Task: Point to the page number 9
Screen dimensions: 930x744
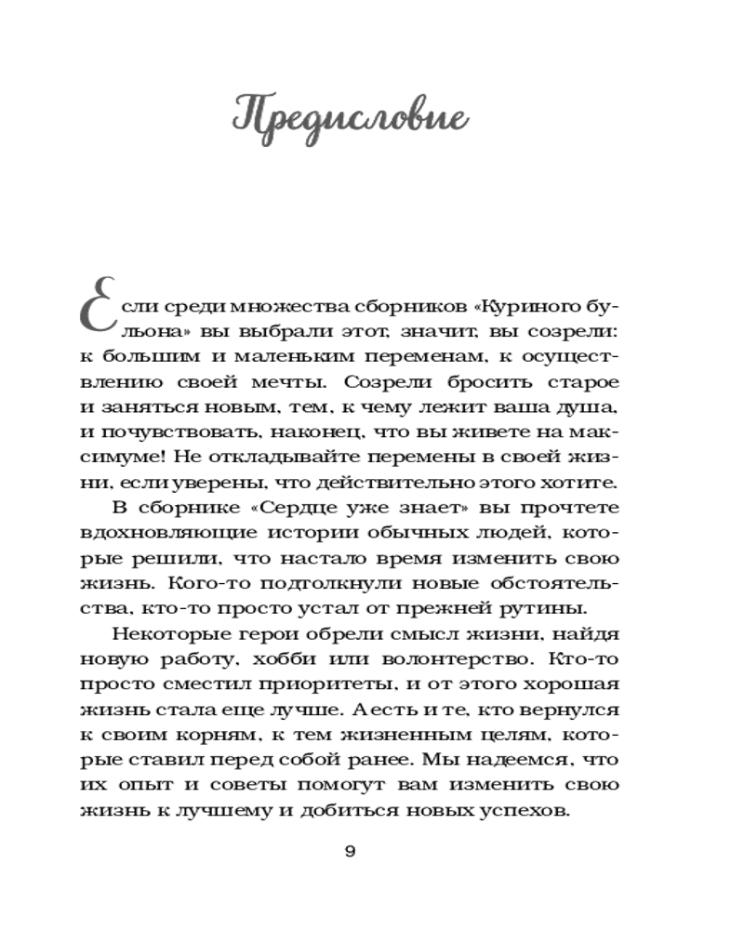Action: [350, 852]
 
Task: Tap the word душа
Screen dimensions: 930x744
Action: [591, 407]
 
